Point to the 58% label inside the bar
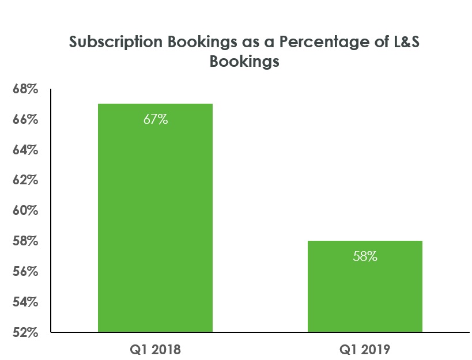[x=365, y=257]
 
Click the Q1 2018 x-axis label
[x=156, y=349]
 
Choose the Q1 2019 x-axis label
[x=365, y=349]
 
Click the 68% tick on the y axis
[x=25, y=90]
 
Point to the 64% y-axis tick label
[x=25, y=150]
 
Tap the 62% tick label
[x=25, y=181]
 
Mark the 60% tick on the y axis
[x=25, y=211]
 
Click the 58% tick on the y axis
[x=25, y=241]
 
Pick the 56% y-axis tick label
[x=25, y=271]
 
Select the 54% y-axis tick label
[x=25, y=302]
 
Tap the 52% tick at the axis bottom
[x=25, y=332]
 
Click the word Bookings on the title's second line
[x=244, y=62]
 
